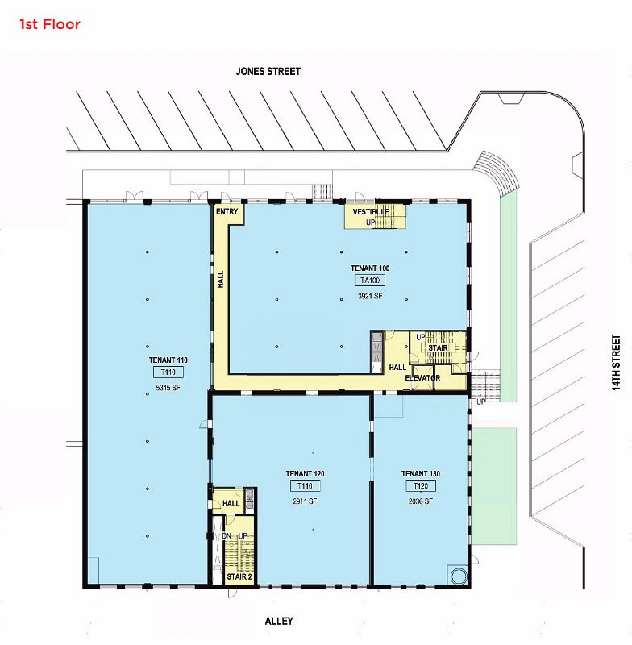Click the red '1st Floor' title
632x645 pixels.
pos(50,24)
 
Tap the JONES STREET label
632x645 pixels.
pos(268,72)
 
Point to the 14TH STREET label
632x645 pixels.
pos(616,362)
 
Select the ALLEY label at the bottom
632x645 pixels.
pos(279,621)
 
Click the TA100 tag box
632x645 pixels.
pos(370,281)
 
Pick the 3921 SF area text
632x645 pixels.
pos(370,296)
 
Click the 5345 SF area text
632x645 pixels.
pos(168,388)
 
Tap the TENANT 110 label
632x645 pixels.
pos(168,360)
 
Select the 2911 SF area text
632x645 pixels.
pos(305,501)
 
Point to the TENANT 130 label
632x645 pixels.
pos(421,474)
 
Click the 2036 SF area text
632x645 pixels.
pos(421,501)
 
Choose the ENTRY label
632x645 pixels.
pos(227,211)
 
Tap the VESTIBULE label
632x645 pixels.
pos(371,212)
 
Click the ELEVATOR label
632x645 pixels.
pos(422,378)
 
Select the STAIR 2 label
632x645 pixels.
pos(239,576)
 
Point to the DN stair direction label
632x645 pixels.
pos(227,536)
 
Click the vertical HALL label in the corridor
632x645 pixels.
pos(221,279)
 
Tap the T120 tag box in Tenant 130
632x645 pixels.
pos(421,486)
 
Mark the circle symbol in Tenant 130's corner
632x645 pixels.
pos(459,576)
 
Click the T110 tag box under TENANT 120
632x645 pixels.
pos(305,486)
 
